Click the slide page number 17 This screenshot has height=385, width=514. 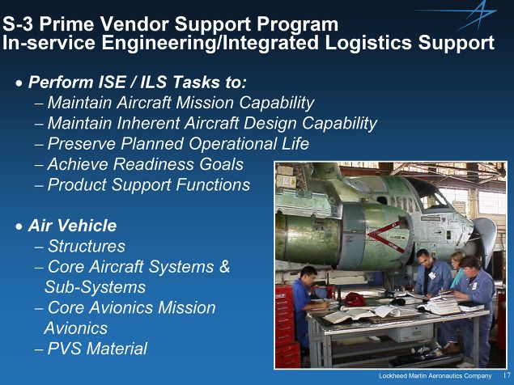pyautogui.click(x=507, y=375)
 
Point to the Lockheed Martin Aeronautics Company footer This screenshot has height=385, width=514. pyautogui.click(x=435, y=376)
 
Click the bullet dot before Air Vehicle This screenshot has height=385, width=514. pyautogui.click(x=19, y=226)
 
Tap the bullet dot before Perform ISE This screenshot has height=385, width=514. pyautogui.click(x=19, y=83)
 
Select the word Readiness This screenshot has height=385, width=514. pyautogui.click(x=154, y=164)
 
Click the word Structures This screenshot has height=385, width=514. pyautogui.click(x=87, y=246)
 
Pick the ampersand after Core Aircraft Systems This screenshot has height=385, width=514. pyautogui.click(x=224, y=266)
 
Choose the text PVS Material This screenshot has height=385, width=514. pyautogui.click(x=97, y=349)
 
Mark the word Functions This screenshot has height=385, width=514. pyautogui.click(x=213, y=184)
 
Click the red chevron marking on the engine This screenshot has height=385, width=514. pyautogui.click(x=386, y=235)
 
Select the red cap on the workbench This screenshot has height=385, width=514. pyautogui.click(x=355, y=299)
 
